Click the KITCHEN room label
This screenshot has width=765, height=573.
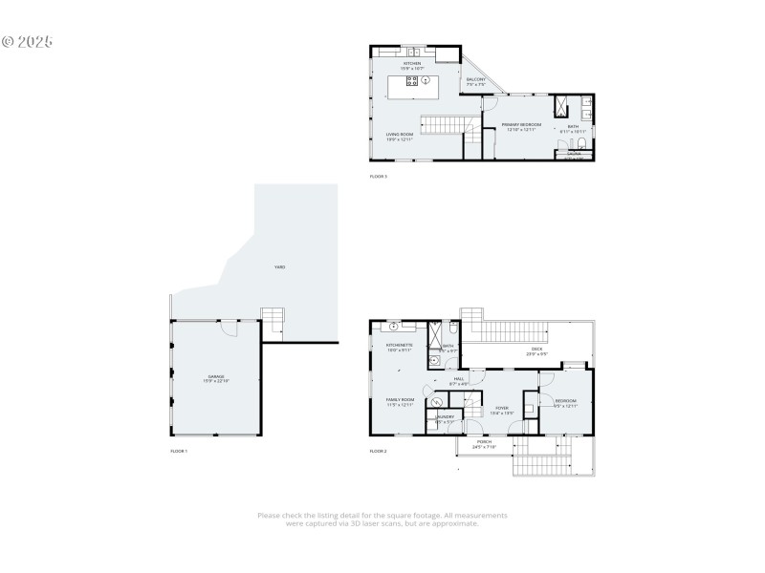pyautogui.click(x=411, y=64)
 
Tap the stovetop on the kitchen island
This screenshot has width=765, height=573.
pyautogui.click(x=412, y=82)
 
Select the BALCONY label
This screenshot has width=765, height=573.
pyautogui.click(x=475, y=80)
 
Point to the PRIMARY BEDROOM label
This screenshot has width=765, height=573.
pyautogui.click(x=522, y=125)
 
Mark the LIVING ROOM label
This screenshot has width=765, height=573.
pyautogui.click(x=400, y=134)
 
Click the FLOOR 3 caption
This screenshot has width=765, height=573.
pyautogui.click(x=379, y=177)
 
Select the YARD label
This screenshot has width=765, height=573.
pyautogui.click(x=280, y=266)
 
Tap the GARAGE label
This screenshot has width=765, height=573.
pyautogui.click(x=216, y=378)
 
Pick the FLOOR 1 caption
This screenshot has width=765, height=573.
pyautogui.click(x=179, y=450)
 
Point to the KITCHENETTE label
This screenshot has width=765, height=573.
pyautogui.click(x=400, y=346)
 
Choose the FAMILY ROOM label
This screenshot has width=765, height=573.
pyautogui.click(x=400, y=400)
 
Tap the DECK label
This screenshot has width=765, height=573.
pyautogui.click(x=536, y=350)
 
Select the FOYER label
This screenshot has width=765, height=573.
pyautogui.click(x=502, y=409)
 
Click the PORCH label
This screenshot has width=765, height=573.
pyautogui.click(x=484, y=441)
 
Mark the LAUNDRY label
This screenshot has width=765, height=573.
pyautogui.click(x=445, y=417)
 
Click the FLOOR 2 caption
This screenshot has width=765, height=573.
pyautogui.click(x=379, y=450)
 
